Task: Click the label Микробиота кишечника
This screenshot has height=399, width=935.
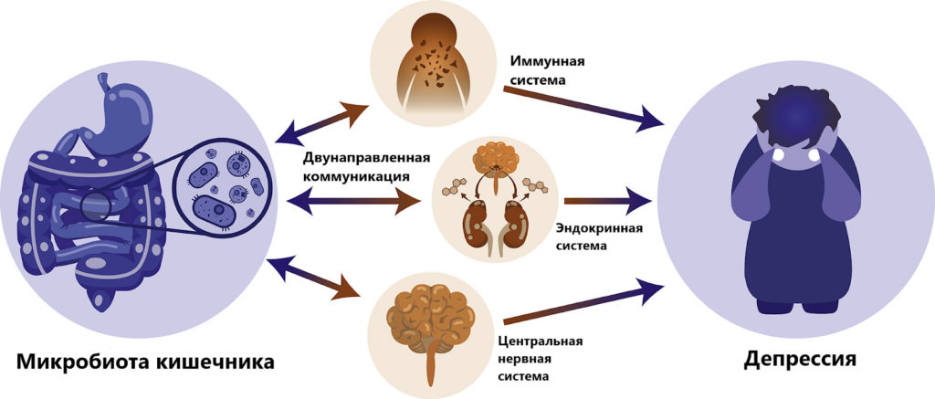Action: (x=145, y=362)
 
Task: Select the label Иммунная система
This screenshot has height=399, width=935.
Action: (x=546, y=70)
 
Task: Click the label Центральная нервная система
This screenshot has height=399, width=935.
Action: (x=541, y=358)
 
